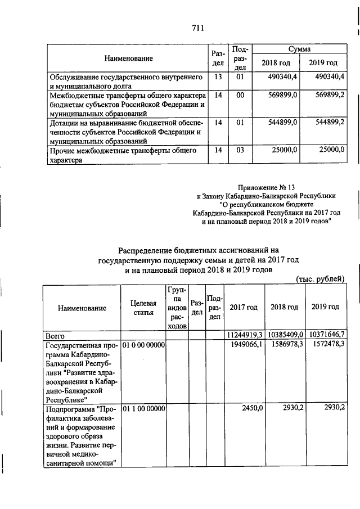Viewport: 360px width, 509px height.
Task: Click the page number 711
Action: click(x=197, y=28)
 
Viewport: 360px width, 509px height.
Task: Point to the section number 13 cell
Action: click(x=218, y=76)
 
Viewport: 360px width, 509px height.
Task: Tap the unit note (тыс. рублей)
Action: click(x=320, y=280)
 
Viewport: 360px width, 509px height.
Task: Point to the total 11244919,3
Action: click(x=245, y=335)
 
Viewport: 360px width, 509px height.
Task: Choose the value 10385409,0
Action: click(x=285, y=335)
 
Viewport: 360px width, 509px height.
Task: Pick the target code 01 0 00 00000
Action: click(x=143, y=344)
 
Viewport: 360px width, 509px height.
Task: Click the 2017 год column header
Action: click(x=244, y=308)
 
